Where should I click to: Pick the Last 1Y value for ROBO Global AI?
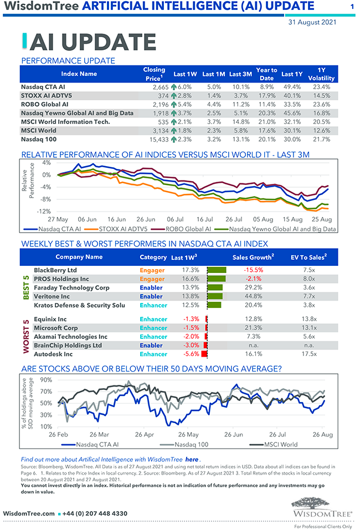click(292, 104)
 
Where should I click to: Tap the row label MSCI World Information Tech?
click(65, 122)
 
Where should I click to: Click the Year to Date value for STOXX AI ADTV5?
click(266, 95)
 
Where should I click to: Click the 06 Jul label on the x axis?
click(176, 219)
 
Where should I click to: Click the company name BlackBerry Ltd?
click(55, 270)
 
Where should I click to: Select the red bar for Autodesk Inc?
click(204, 354)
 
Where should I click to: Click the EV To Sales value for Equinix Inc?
click(309, 319)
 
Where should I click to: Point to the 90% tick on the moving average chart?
click(46, 380)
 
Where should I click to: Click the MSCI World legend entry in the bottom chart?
click(280, 444)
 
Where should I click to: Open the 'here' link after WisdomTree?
click(192, 460)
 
